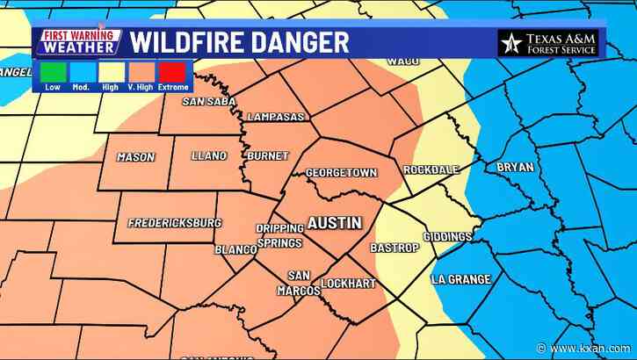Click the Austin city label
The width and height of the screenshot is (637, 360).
click(334, 223)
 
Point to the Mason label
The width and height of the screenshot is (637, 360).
click(135, 157)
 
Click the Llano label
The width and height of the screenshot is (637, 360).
click(208, 155)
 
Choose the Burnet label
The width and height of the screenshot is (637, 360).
click(268, 155)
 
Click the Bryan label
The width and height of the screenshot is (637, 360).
click(514, 166)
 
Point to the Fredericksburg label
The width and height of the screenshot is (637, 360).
click(175, 223)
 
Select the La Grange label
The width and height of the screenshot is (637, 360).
click(460, 279)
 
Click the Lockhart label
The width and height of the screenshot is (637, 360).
click(349, 284)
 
